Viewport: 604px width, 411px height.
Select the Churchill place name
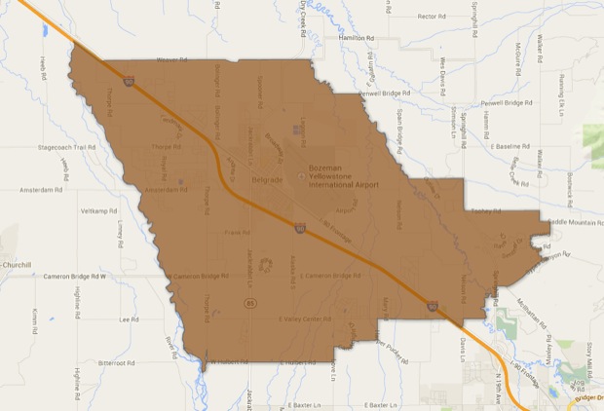coord(17,265)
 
